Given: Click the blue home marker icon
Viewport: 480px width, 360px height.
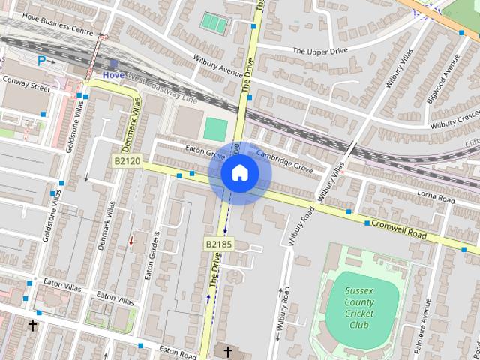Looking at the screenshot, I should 239,173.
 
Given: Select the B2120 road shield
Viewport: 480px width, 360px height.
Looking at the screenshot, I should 127,161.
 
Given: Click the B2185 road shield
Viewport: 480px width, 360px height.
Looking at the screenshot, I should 219,244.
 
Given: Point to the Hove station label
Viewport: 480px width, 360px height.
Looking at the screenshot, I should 114,75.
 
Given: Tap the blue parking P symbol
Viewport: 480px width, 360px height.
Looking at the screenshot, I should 42,60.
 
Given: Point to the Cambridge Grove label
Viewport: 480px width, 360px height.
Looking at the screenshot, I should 284,160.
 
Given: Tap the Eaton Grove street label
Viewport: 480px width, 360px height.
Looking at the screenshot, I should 205,153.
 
